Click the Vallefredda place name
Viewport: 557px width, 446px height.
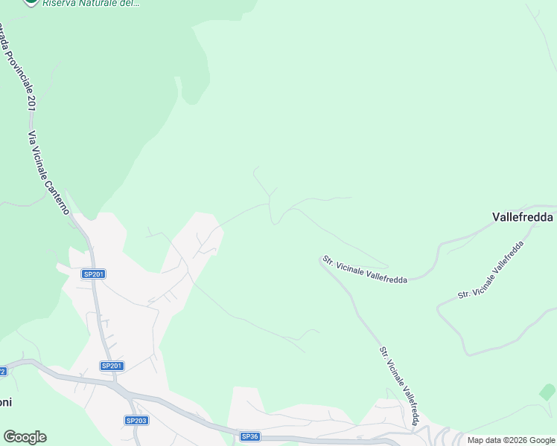click(x=522, y=217)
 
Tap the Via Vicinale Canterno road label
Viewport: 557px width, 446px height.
click(x=48, y=173)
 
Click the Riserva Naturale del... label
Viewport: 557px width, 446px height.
click(x=90, y=3)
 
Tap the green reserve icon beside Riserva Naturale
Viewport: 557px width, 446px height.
click(x=31, y=2)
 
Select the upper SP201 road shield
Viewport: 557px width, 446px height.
click(x=94, y=274)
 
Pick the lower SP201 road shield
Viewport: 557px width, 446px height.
click(x=112, y=366)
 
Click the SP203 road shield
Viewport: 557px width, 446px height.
click(x=136, y=421)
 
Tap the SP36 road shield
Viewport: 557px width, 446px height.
click(x=249, y=436)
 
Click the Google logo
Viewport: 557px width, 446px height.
click(x=25, y=437)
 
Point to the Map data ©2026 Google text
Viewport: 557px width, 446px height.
click(x=511, y=440)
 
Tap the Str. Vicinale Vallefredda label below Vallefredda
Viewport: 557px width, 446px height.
click(x=491, y=269)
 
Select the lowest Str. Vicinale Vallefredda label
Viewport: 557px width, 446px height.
click(x=399, y=384)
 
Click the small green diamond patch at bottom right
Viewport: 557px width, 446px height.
click(x=547, y=391)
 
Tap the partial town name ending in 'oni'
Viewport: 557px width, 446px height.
click(x=5, y=402)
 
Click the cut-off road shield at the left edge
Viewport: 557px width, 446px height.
click(x=2, y=371)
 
